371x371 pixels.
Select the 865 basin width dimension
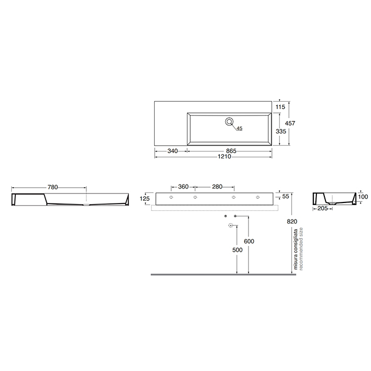(230, 151)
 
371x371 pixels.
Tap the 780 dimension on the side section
(52, 187)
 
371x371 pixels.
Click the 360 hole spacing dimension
(183, 187)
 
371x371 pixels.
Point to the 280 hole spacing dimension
(216, 187)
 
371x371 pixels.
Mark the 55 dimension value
(286, 196)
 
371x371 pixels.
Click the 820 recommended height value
(289, 222)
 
